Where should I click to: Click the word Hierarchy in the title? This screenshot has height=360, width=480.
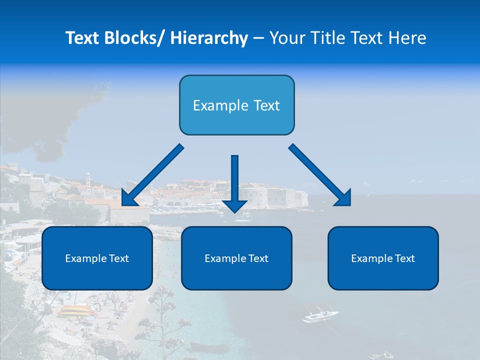pyautogui.click(x=209, y=38)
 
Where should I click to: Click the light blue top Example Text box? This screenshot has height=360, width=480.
pyautogui.click(x=236, y=105)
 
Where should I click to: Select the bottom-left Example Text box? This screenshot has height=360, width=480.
pyautogui.click(x=97, y=258)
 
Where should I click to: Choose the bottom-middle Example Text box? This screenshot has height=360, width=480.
pyautogui.click(x=236, y=258)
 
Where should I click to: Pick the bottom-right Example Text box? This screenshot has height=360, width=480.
pyautogui.click(x=383, y=258)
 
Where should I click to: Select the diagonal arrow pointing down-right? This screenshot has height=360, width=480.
pyautogui.click(x=320, y=175)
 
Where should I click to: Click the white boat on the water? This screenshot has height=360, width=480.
pyautogui.click(x=320, y=316)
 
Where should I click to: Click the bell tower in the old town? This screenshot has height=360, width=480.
pyautogui.click(x=88, y=179)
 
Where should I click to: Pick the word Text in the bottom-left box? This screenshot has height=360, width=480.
pyautogui.click(x=119, y=258)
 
